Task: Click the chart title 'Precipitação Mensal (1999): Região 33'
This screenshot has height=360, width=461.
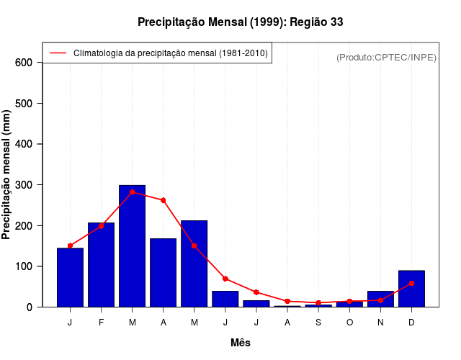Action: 240,22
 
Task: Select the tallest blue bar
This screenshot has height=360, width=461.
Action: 132,246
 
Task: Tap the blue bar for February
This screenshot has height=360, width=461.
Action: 101,265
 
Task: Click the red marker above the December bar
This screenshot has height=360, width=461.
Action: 411,283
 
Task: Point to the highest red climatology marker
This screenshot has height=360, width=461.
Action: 132,192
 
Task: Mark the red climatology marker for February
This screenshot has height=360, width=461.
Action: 101,225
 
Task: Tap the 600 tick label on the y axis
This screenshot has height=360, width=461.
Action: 24,63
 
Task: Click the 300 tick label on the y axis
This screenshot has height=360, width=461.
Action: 24,185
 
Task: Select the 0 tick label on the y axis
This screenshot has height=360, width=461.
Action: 30,307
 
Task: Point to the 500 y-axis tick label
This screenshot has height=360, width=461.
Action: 24,104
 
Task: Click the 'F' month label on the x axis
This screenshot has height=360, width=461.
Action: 101,323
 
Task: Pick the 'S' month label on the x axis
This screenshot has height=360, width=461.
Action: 318,323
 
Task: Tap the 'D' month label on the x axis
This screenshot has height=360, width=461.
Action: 411,323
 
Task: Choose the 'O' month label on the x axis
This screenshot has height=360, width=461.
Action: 349,323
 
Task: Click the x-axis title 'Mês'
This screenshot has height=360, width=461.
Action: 240,343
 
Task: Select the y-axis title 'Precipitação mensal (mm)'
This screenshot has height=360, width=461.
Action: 7,174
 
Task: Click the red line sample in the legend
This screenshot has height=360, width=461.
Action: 58,53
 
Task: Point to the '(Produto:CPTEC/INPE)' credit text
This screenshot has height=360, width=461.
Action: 386,57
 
